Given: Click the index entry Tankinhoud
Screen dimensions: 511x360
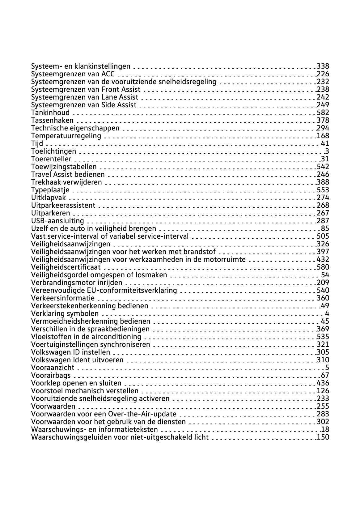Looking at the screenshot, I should tap(50, 113).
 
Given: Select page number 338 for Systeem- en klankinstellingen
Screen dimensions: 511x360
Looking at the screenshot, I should tap(323, 66).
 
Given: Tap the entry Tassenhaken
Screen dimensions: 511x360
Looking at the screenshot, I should tap(52, 120).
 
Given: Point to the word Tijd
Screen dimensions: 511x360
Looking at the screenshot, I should tap(37, 143).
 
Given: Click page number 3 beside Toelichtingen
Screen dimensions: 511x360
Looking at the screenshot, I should tap(327, 151).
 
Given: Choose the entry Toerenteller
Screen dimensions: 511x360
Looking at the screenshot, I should tap(51, 159).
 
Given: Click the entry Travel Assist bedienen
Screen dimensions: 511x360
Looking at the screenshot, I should tap(68, 174).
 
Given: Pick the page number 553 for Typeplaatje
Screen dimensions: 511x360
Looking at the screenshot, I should tap(323, 190).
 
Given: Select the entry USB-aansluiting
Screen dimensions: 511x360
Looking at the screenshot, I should tap(57, 221).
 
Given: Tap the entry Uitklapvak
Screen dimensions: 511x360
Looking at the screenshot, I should tap(49, 198).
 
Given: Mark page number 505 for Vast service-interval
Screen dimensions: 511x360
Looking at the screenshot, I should tap(323, 236).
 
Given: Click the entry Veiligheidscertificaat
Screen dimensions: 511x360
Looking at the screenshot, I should tap(66, 267).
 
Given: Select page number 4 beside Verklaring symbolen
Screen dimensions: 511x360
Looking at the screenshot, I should tap(327, 313).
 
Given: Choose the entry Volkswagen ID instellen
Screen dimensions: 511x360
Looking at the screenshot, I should tap(70, 352).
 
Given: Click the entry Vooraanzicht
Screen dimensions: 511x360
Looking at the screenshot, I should tap(53, 368).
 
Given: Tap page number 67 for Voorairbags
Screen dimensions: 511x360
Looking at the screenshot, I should tap(325, 375).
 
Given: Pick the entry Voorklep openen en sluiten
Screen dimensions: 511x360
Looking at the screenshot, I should tap(76, 383).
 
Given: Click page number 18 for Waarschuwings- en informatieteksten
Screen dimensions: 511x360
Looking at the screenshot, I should tap(325, 429).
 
